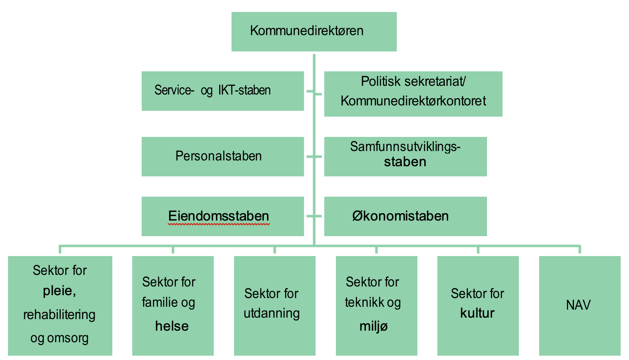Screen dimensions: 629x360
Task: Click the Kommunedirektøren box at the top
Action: (314, 32)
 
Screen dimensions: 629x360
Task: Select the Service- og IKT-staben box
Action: (222, 91)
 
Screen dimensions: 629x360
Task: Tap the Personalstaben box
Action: (222, 156)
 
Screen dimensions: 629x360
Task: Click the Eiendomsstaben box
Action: (222, 216)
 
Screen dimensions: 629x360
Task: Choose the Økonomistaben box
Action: (405, 216)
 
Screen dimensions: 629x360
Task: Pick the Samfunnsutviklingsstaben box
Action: (405, 156)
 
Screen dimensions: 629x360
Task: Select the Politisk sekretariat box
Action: (413, 94)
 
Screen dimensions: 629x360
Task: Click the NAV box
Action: (580, 306)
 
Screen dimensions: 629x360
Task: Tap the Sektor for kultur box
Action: (478, 306)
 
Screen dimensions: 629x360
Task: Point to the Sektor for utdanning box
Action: (275, 306)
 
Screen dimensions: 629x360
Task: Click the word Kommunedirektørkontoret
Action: (413, 101)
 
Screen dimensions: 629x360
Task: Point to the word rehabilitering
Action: (59, 315)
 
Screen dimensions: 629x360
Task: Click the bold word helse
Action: (172, 326)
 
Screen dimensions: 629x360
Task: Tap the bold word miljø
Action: (374, 326)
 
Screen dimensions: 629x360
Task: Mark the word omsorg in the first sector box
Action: (68, 338)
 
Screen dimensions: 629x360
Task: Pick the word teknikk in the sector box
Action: (363, 302)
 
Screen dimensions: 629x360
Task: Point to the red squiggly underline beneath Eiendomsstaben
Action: (219, 224)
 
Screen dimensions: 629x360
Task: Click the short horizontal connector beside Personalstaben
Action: (314, 156)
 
